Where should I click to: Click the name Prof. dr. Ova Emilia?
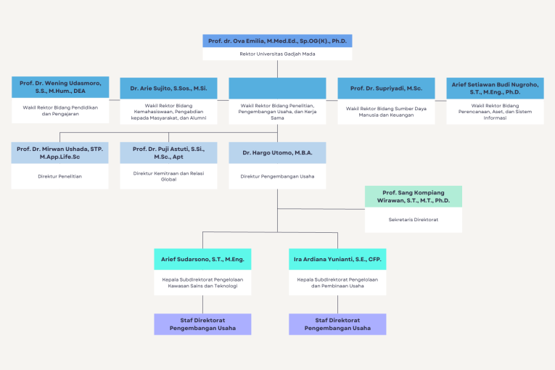click(x=277, y=41)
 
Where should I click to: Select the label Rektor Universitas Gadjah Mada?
click(x=277, y=54)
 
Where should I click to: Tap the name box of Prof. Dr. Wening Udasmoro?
click(x=60, y=88)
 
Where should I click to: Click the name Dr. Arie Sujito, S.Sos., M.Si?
click(x=168, y=88)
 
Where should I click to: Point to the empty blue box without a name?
click(x=277, y=88)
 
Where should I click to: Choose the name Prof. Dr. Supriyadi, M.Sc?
click(x=386, y=88)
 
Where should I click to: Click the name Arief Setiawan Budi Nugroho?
click(x=495, y=88)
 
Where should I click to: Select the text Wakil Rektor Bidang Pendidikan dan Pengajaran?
click(x=60, y=110)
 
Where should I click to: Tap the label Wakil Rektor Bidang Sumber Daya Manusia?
click(x=386, y=112)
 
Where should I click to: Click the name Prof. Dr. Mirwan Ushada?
click(x=60, y=152)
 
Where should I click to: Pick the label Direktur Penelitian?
click(x=60, y=176)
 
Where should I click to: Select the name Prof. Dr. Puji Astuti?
click(x=168, y=152)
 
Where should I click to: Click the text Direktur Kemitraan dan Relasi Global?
click(x=168, y=176)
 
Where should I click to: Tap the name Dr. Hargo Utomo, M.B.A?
click(x=277, y=152)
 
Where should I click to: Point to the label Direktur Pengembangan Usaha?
click(x=277, y=176)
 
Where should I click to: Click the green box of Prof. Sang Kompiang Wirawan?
click(x=413, y=196)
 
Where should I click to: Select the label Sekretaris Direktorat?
click(x=413, y=218)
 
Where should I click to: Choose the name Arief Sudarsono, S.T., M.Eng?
click(x=202, y=259)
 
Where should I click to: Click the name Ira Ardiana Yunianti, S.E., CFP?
click(x=337, y=259)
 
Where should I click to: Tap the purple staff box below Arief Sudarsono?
click(x=202, y=324)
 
